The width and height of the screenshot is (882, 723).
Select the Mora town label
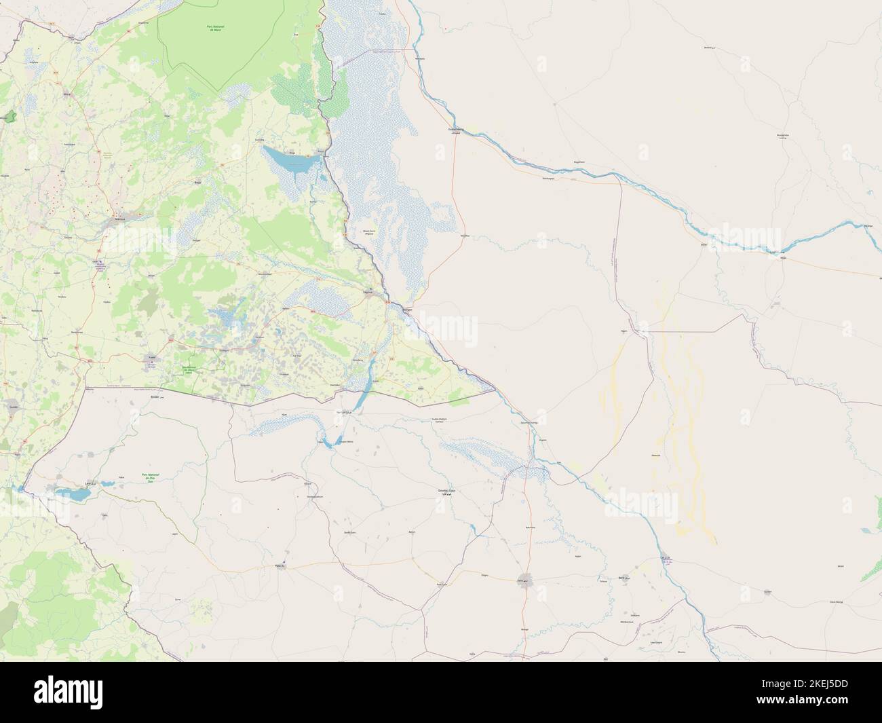pos(66,95)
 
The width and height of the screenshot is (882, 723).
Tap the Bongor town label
pos(408,309)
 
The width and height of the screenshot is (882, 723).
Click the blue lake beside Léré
pos(71,494)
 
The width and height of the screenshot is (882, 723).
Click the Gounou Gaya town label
pos(442,491)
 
